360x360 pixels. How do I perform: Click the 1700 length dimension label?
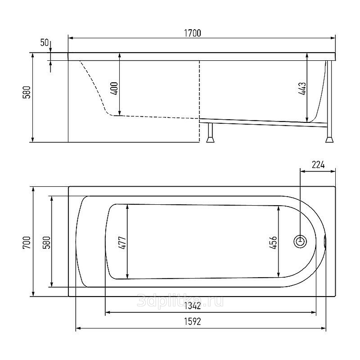(193, 33)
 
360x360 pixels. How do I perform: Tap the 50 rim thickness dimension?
(44, 43)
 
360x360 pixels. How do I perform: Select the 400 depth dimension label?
(115, 88)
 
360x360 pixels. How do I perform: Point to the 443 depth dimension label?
(302, 89)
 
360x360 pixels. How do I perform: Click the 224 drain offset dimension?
(318, 165)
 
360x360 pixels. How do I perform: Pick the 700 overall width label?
(27, 243)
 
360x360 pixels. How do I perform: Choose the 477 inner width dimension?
(122, 243)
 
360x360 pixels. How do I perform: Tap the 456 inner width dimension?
(273, 243)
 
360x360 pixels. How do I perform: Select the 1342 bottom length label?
(193, 306)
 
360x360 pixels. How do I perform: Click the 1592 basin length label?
(193, 322)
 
